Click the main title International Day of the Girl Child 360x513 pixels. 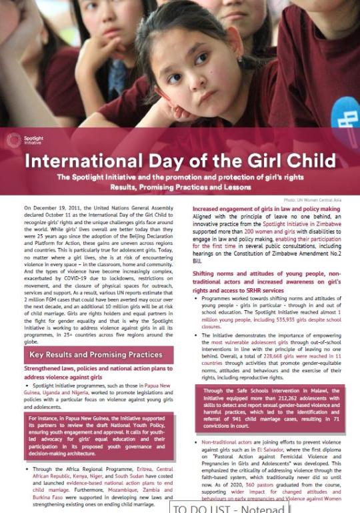[180, 161]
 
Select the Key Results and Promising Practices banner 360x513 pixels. [95, 354]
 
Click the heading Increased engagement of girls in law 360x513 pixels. [266, 209]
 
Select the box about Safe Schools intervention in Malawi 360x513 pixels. [271, 409]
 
